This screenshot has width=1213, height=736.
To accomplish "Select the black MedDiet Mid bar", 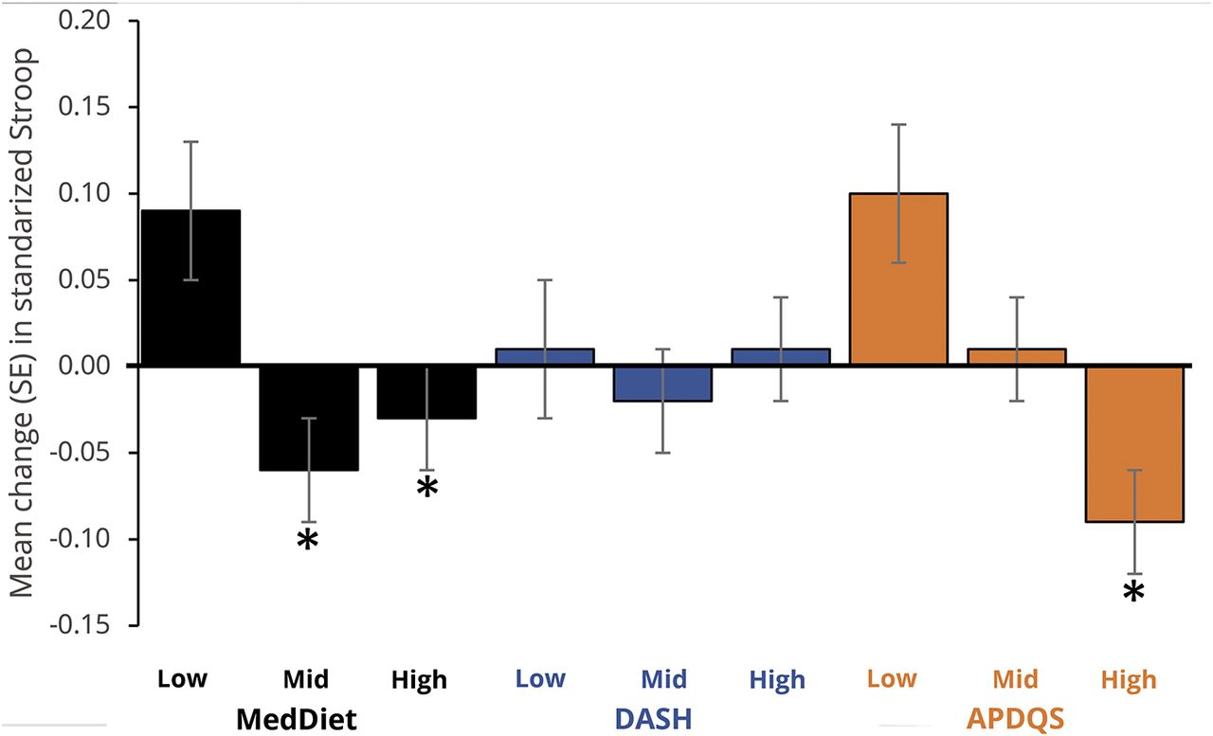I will click(x=309, y=418).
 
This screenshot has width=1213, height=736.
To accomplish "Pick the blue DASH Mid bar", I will click(x=662, y=384).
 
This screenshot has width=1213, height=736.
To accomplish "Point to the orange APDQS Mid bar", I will click(x=1016, y=357).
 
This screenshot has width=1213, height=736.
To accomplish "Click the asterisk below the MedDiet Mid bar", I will click(x=307, y=542).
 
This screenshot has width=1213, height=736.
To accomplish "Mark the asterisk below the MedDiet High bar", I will click(x=427, y=489).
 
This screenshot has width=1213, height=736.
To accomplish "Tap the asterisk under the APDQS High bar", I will click(x=1134, y=594).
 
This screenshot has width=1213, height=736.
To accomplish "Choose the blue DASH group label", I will click(x=653, y=720).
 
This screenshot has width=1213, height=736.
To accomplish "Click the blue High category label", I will click(x=776, y=679).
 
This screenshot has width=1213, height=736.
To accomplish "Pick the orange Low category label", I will click(x=893, y=679).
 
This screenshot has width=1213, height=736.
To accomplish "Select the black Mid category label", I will click(x=305, y=679).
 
